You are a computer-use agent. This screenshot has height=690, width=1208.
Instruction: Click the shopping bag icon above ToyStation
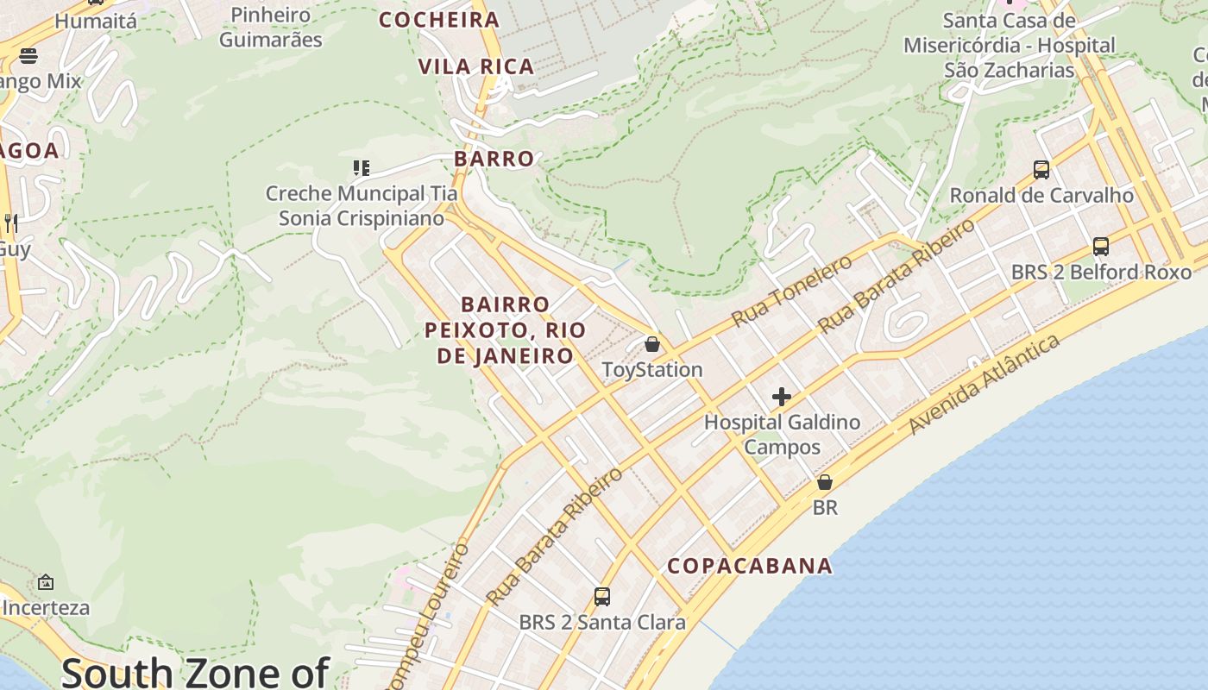click(x=652, y=344)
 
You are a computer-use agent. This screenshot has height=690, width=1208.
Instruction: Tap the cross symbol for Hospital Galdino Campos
click(x=782, y=397)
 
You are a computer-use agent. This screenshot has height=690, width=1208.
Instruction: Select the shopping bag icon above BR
click(x=825, y=482)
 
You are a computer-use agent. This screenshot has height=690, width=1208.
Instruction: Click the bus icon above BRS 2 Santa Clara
click(x=602, y=596)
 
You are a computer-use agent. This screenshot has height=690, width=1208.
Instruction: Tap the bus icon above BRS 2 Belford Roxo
click(x=1101, y=247)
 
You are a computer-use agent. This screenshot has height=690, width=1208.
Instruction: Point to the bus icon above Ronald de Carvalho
click(x=1041, y=169)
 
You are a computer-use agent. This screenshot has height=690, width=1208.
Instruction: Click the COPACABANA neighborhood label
click(x=750, y=566)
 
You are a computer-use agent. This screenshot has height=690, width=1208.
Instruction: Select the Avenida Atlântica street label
click(x=984, y=384)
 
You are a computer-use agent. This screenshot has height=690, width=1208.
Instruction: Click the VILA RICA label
click(x=476, y=66)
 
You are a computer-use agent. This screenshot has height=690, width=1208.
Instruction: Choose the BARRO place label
click(x=494, y=159)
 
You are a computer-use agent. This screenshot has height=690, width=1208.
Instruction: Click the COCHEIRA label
click(x=439, y=20)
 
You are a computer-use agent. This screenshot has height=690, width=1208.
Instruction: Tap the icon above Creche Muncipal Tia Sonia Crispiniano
click(x=361, y=167)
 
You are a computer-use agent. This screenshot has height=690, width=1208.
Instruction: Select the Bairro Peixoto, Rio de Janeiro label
click(x=506, y=329)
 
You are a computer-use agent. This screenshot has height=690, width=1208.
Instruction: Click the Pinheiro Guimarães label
click(x=271, y=27)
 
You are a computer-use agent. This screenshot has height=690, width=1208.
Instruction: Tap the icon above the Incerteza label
click(x=46, y=582)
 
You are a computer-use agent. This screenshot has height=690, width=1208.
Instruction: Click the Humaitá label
click(x=96, y=21)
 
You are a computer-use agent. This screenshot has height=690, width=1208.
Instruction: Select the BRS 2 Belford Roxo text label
click(x=1101, y=273)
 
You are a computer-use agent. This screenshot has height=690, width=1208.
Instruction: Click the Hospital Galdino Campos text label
click(x=782, y=434)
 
